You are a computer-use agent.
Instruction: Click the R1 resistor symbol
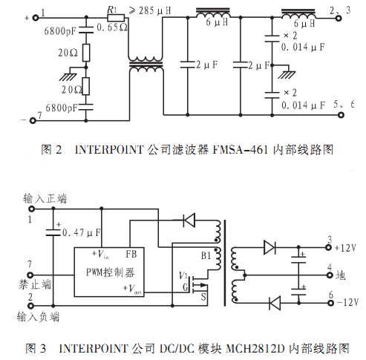[116, 18]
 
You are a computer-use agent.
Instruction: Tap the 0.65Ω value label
[112, 27]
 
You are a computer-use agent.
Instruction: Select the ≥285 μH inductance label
[150, 10]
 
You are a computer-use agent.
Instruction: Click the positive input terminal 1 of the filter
[36, 18]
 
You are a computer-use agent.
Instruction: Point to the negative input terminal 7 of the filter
[33, 120]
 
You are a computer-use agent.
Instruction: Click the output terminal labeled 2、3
[339, 18]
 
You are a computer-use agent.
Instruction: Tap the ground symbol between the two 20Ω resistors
[68, 74]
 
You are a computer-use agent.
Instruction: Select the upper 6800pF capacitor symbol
[86, 30]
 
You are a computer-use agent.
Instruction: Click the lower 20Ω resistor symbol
[86, 86]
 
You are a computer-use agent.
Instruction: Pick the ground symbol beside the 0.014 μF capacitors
[286, 72]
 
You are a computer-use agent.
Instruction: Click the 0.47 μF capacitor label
[82, 232]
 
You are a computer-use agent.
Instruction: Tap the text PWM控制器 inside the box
[110, 272]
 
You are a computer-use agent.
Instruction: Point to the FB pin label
[131, 254]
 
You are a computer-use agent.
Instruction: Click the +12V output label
[345, 248]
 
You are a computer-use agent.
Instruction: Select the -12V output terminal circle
[330, 303]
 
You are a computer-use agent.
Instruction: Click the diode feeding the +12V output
[269, 247]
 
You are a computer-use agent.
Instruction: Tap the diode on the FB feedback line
[189, 220]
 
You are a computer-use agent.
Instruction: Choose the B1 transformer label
[206, 255]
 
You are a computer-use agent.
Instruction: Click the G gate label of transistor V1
[186, 287]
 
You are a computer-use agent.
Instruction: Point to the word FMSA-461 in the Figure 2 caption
[241, 150]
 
